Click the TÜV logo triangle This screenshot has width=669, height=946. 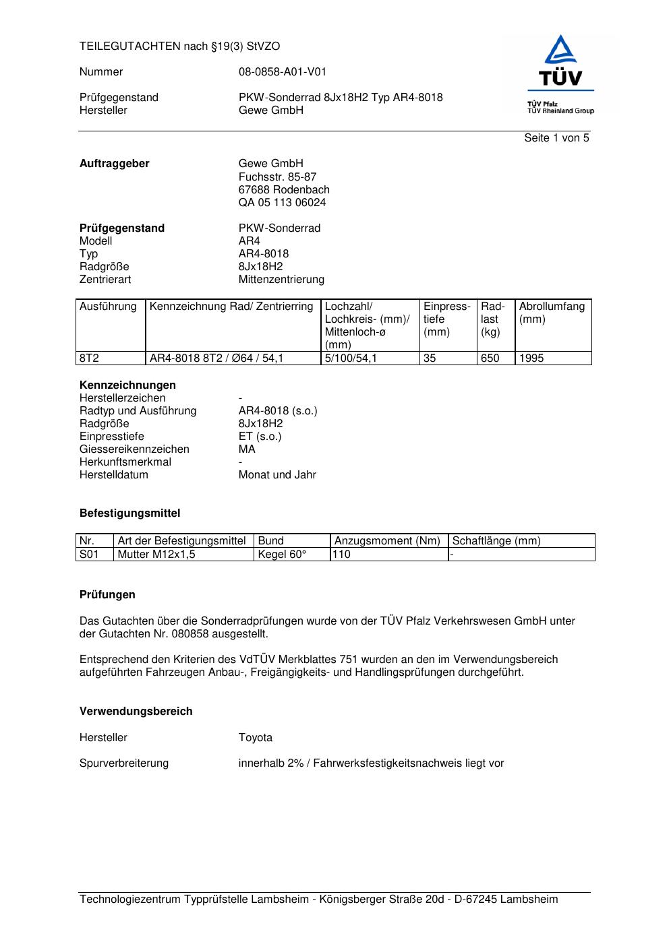560,52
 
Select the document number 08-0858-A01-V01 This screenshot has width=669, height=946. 282,72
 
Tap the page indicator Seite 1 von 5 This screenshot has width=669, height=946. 556,138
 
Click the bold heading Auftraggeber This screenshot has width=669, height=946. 114,164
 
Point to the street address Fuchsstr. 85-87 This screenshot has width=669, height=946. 277,177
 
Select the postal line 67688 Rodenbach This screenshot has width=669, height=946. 284,190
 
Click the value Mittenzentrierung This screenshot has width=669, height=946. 281,280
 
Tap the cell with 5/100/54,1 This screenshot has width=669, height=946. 351,358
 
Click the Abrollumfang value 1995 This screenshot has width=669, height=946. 531,358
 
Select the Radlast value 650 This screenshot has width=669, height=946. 490,358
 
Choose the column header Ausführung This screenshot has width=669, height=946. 108,307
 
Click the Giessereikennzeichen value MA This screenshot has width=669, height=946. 247,449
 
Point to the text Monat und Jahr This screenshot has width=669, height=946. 277,475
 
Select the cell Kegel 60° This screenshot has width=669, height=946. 282,555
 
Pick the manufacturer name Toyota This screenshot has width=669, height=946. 256,738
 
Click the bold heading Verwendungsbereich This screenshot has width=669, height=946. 136,712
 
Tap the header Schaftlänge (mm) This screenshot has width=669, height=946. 496,541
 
